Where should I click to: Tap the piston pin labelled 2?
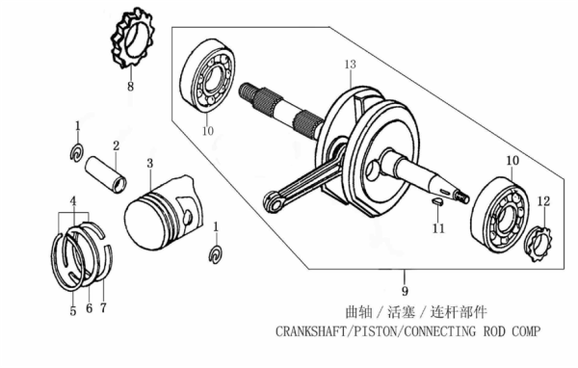click(106, 174)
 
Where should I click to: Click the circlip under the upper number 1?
click(77, 152)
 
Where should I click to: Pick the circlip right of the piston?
click(216, 254)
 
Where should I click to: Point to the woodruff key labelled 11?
click(437, 201)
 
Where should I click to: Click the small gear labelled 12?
click(539, 244)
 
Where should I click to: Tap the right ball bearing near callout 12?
click(499, 216)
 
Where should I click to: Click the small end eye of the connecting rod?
click(274, 201)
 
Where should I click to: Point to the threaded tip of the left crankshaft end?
click(247, 92)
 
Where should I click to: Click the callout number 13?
click(351, 65)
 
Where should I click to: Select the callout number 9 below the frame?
click(405, 291)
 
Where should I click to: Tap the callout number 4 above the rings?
click(73, 201)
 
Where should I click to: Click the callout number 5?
click(72, 311)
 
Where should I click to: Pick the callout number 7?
click(103, 307)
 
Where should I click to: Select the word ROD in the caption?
click(494, 331)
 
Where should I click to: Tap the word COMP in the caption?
click(525, 331)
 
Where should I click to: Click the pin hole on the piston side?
click(188, 217)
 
